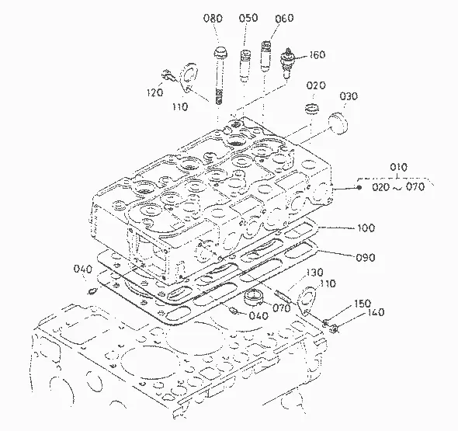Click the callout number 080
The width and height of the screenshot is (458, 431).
[x=213, y=19]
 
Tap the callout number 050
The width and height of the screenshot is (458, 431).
[x=248, y=18]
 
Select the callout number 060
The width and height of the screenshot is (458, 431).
[x=284, y=18]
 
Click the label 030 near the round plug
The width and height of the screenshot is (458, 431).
[x=349, y=96]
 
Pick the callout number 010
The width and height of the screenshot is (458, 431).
[x=398, y=168]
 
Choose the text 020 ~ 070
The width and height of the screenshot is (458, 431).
[x=398, y=186]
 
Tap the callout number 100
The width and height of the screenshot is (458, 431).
[x=366, y=228]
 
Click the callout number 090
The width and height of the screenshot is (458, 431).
[x=365, y=257]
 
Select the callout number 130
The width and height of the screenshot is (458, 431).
[x=314, y=273]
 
